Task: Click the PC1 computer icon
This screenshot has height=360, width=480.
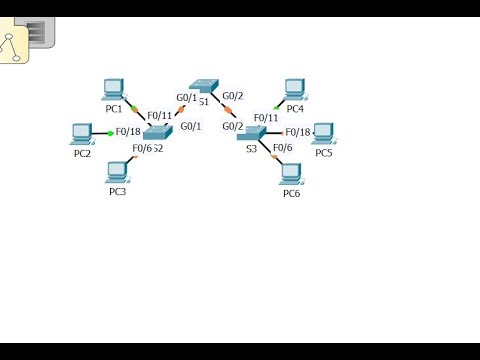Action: click(114, 89)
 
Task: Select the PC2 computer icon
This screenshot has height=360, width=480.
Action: click(81, 133)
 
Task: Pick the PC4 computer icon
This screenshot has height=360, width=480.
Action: click(294, 88)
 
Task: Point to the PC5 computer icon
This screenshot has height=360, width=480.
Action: click(322, 133)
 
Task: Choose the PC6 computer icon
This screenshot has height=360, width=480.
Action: click(292, 174)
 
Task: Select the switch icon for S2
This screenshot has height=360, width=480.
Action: click(158, 132)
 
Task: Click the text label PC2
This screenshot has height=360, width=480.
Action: click(82, 153)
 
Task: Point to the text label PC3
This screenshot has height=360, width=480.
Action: click(118, 192)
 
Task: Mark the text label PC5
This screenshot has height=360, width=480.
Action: click(323, 153)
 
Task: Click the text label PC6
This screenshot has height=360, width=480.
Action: click(291, 194)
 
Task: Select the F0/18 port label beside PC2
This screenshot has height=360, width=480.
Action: click(128, 131)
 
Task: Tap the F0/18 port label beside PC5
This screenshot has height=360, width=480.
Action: click(297, 132)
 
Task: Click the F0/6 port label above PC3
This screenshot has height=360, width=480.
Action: click(141, 149)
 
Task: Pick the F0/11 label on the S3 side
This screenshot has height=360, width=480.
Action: click(265, 118)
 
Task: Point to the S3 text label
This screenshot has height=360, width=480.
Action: click(251, 148)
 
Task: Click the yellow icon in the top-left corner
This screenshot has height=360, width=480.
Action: click(15, 44)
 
